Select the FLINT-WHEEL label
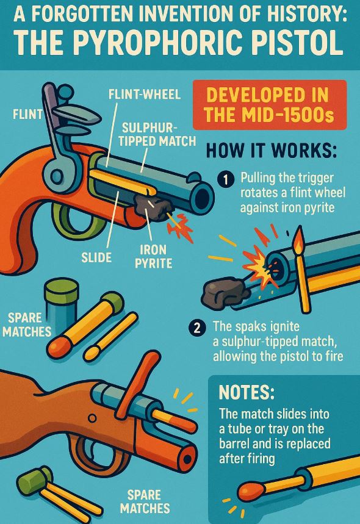coord(145,95)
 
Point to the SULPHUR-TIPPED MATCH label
coord(157,134)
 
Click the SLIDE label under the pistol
coord(96,257)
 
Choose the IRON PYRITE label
coord(153,256)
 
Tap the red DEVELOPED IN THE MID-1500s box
coord(270,105)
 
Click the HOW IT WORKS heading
coord(272,151)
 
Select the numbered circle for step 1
coord(225,180)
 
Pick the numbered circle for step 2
coord(197,328)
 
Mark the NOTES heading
coord(247,392)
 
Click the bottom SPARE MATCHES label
coord(145,501)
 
